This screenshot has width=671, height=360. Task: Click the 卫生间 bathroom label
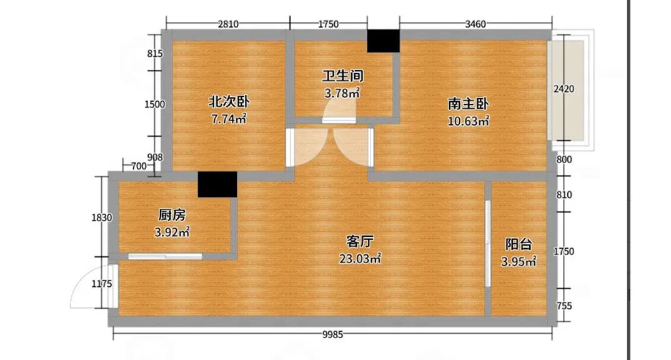[x=342, y=76]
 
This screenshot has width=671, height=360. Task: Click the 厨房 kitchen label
[x=172, y=215]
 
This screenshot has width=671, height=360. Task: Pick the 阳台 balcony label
[x=519, y=244]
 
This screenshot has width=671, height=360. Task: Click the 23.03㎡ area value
[x=360, y=257]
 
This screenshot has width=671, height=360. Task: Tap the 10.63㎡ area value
[x=468, y=121]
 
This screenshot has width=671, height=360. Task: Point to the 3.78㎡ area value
[x=342, y=94]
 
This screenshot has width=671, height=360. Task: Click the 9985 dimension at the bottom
[x=333, y=335]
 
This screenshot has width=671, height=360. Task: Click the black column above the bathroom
[x=382, y=41]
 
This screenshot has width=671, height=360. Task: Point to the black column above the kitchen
[x=217, y=184]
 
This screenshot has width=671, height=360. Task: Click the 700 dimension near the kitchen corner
[x=139, y=166]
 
